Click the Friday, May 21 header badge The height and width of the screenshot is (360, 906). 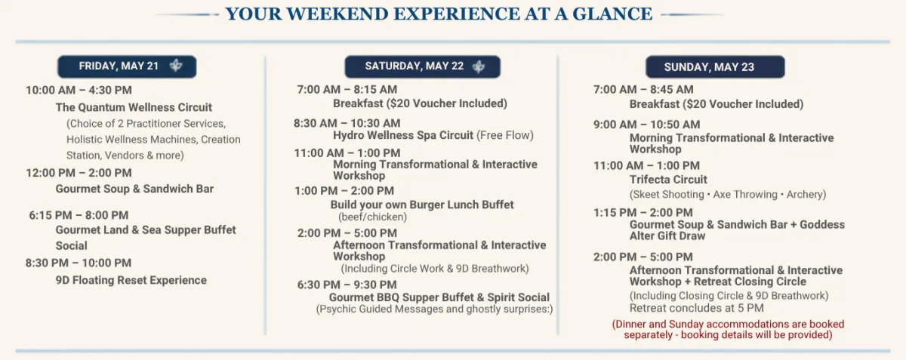pyautogui.click(x=127, y=66)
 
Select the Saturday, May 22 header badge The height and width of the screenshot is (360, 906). pyautogui.click(x=422, y=66)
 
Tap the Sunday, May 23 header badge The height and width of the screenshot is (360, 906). pyautogui.click(x=715, y=66)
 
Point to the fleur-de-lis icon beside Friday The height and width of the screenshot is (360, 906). pyautogui.click(x=176, y=66)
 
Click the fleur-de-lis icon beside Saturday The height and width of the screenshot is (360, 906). pyautogui.click(x=479, y=66)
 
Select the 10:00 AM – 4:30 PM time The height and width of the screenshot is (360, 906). pyautogui.click(x=79, y=91)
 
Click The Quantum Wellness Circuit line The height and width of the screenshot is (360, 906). pyautogui.click(x=134, y=108)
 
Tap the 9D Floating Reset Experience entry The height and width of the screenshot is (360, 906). pyautogui.click(x=131, y=280)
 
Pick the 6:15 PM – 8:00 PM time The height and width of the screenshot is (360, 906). pyautogui.click(x=79, y=215)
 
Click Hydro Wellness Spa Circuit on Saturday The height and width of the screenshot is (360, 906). pyautogui.click(x=403, y=135)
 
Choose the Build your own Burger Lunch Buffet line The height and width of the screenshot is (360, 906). pyautogui.click(x=422, y=205)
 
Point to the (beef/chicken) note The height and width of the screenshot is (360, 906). pyautogui.click(x=372, y=217)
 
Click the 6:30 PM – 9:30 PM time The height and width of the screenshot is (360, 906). pyautogui.click(x=347, y=285)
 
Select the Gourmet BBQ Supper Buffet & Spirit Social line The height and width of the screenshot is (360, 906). pyautogui.click(x=439, y=297)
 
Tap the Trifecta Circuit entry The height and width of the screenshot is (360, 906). pyautogui.click(x=668, y=180)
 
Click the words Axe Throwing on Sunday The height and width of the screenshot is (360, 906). pyautogui.click(x=745, y=195)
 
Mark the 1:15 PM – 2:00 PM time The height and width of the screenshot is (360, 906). pyautogui.click(x=643, y=213)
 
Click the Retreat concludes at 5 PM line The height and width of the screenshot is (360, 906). pyautogui.click(x=696, y=308)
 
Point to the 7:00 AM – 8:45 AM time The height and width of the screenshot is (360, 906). pyautogui.click(x=643, y=89)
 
